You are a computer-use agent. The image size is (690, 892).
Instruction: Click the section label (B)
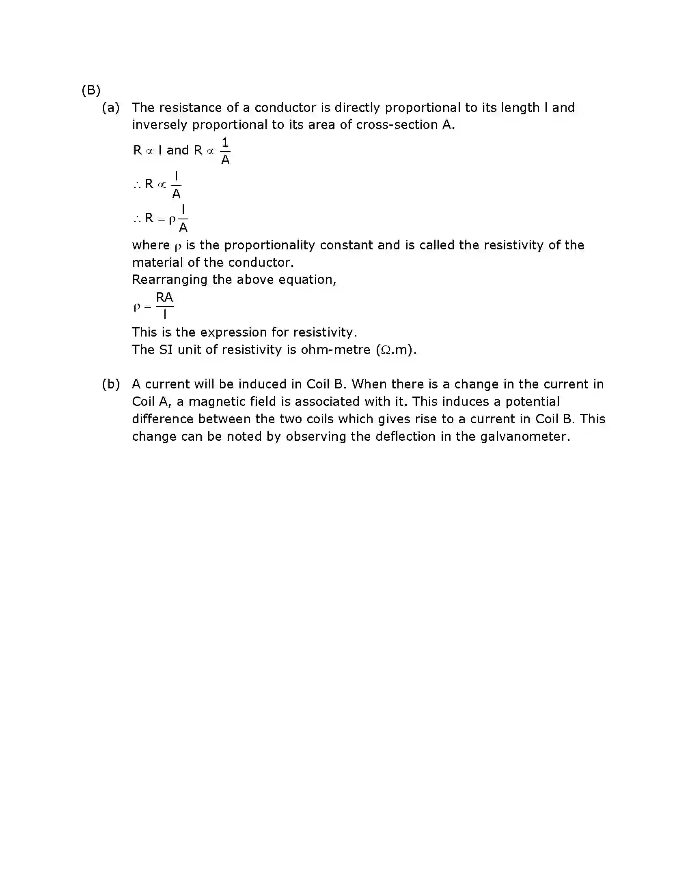click(x=91, y=90)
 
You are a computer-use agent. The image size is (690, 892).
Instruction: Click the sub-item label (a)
click(x=110, y=107)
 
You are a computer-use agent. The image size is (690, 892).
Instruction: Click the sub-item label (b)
click(x=110, y=384)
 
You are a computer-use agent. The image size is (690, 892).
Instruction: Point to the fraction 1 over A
click(x=225, y=151)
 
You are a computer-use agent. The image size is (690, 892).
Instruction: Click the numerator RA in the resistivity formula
click(x=164, y=298)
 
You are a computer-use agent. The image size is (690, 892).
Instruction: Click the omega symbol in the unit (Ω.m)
click(x=385, y=350)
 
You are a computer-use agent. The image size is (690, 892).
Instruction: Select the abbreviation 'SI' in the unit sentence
click(x=166, y=350)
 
